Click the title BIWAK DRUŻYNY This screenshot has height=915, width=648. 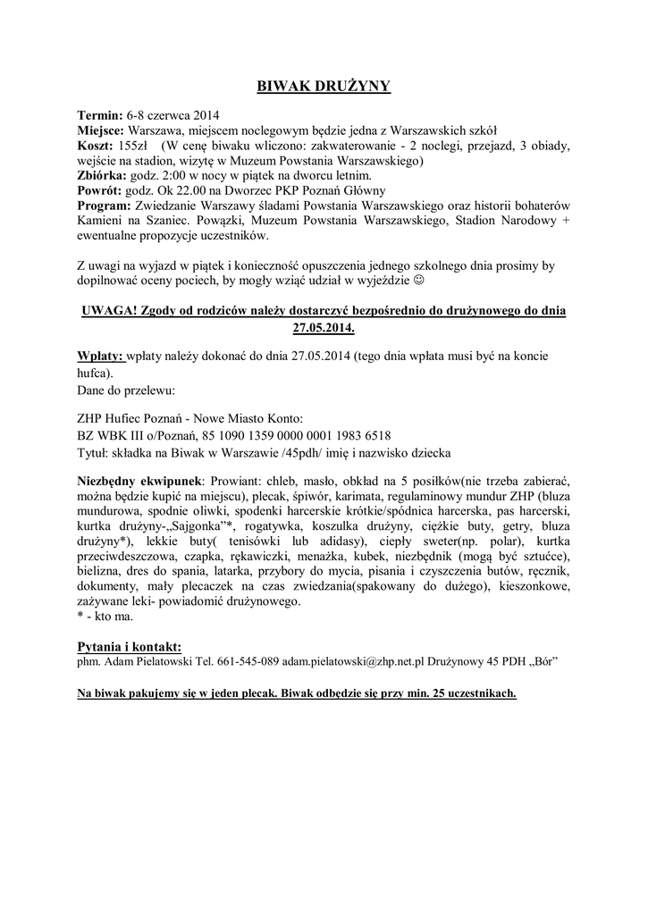[x=324, y=87]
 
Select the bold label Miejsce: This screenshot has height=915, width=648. [x=102, y=130]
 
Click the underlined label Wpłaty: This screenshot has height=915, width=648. [x=101, y=356]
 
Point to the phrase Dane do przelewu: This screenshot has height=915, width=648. [x=126, y=390]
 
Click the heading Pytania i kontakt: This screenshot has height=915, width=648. [x=130, y=646]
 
